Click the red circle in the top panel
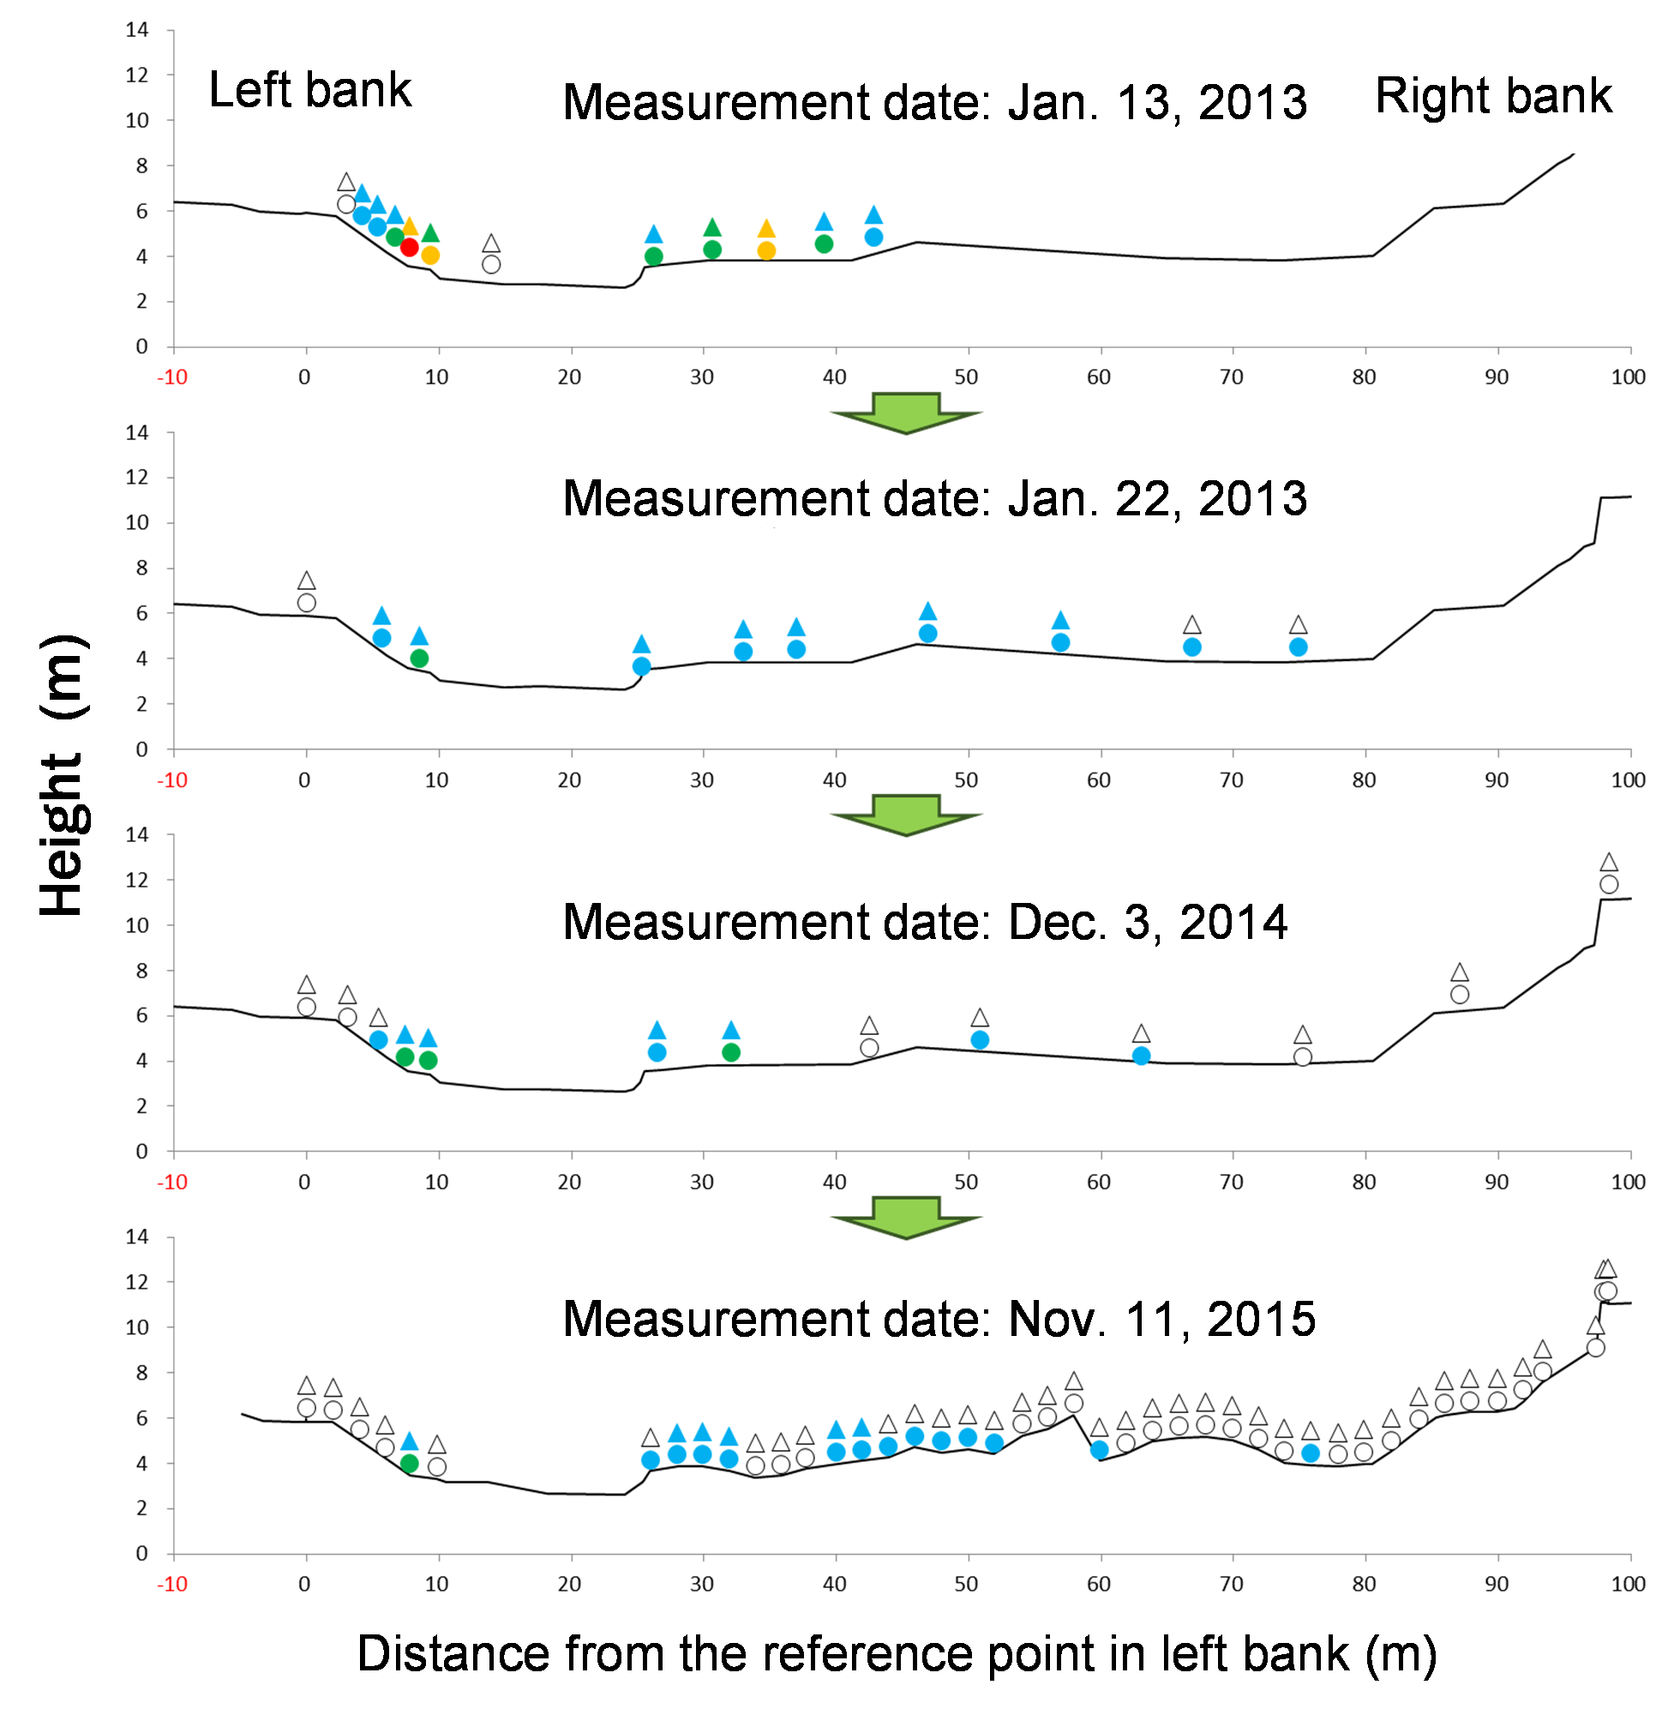(410, 247)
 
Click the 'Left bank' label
(309, 90)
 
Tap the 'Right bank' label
(1493, 95)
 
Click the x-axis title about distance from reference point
(897, 1653)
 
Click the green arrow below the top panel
(906, 413)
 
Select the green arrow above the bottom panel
(906, 1217)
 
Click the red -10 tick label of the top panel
(172, 378)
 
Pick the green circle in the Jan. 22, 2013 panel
(420, 659)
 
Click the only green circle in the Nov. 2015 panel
(410, 1465)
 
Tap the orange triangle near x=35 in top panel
(767, 230)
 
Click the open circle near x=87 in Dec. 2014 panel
(1461, 995)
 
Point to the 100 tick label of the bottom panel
(1628, 1585)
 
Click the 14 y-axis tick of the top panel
(137, 30)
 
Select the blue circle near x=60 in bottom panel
(1100, 1450)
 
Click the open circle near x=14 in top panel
(491, 265)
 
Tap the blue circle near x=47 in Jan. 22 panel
(928, 634)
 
